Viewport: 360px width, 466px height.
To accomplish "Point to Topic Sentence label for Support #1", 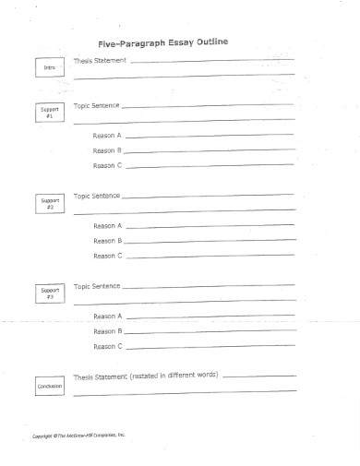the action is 96,105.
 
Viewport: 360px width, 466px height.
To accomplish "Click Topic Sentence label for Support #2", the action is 96,196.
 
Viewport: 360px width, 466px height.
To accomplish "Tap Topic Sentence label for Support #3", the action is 96,285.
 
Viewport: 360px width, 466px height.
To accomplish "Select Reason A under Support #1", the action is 107,135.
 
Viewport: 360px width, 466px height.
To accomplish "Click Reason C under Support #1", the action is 107,165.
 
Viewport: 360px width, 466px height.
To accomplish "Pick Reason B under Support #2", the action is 107,240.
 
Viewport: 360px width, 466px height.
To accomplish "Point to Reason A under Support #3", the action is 107,316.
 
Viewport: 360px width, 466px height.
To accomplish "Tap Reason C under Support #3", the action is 107,346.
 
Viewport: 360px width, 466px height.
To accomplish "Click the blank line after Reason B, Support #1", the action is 210,151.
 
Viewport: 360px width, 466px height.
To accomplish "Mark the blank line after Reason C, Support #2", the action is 210,257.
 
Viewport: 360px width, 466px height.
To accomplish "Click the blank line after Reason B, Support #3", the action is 210,332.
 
